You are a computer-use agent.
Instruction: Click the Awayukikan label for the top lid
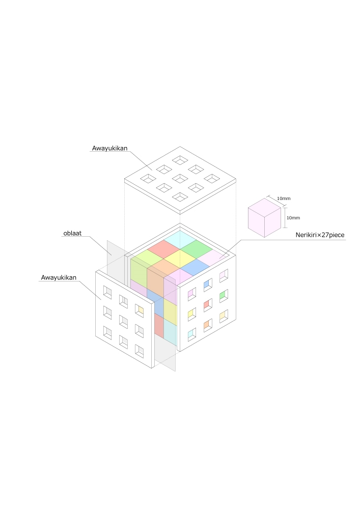coord(109,148)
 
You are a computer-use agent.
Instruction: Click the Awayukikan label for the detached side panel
coord(59,277)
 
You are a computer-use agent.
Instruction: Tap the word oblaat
coord(72,234)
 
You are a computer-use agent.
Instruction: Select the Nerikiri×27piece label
coord(320,235)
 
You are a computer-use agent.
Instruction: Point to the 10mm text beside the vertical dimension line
coord(293,218)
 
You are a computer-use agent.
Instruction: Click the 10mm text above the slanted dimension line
coord(284,199)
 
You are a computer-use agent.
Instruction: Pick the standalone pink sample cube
coord(264,218)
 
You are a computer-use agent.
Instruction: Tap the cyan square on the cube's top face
coord(180,240)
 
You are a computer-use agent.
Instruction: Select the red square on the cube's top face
coord(163,249)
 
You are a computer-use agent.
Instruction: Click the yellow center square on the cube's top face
coord(180,259)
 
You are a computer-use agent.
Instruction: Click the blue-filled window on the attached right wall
coord(208,286)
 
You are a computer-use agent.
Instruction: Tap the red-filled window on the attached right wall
coord(208,305)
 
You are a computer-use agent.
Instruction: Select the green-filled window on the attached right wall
coord(224,296)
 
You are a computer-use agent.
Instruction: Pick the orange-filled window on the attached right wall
coord(208,325)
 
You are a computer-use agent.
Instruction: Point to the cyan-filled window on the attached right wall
coord(192,335)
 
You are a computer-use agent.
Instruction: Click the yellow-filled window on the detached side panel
coord(140,310)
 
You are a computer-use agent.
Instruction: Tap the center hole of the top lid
coord(180,178)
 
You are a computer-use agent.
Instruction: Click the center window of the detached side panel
coord(123,322)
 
